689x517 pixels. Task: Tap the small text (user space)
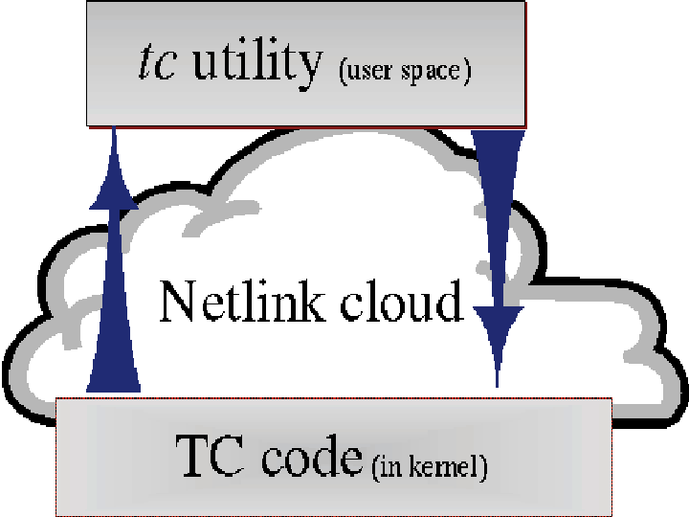(405, 73)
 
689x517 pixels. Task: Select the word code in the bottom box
(311, 459)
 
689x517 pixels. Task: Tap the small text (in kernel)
(429, 468)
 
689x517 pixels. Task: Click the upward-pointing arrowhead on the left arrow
(113, 187)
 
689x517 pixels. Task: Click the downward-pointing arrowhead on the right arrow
(498, 330)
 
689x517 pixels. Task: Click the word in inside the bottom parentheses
(388, 468)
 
